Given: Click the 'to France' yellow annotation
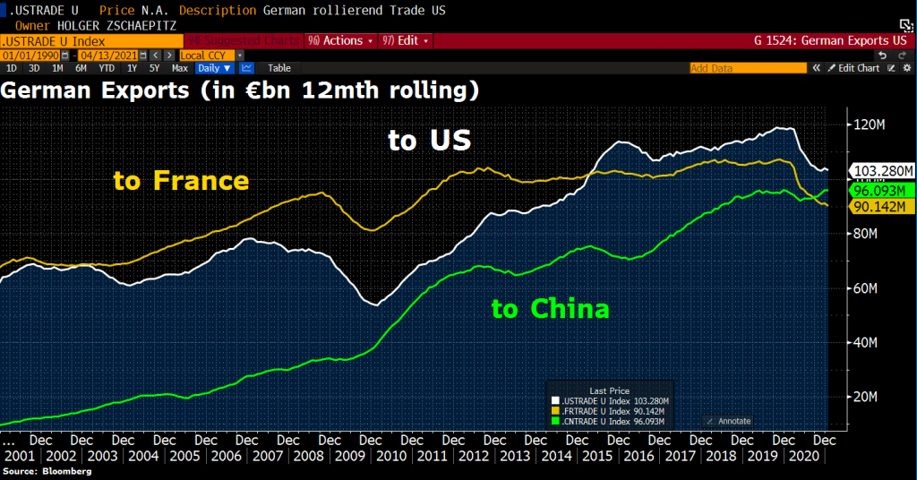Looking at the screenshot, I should tap(181, 180).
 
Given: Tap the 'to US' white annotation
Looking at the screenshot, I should tap(429, 141).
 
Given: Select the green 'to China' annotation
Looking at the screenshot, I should tap(550, 309).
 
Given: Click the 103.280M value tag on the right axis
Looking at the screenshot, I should tap(883, 170).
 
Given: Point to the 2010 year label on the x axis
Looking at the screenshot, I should tap(390, 456).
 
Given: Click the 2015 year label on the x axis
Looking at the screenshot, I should tap(597, 456).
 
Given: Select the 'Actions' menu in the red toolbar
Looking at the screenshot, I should tap(341, 41).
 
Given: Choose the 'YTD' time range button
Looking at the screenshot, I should tap(107, 68).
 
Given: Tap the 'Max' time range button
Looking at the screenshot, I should tap(180, 68).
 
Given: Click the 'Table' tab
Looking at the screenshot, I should tap(279, 68).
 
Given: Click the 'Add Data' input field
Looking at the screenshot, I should tap(747, 68).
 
